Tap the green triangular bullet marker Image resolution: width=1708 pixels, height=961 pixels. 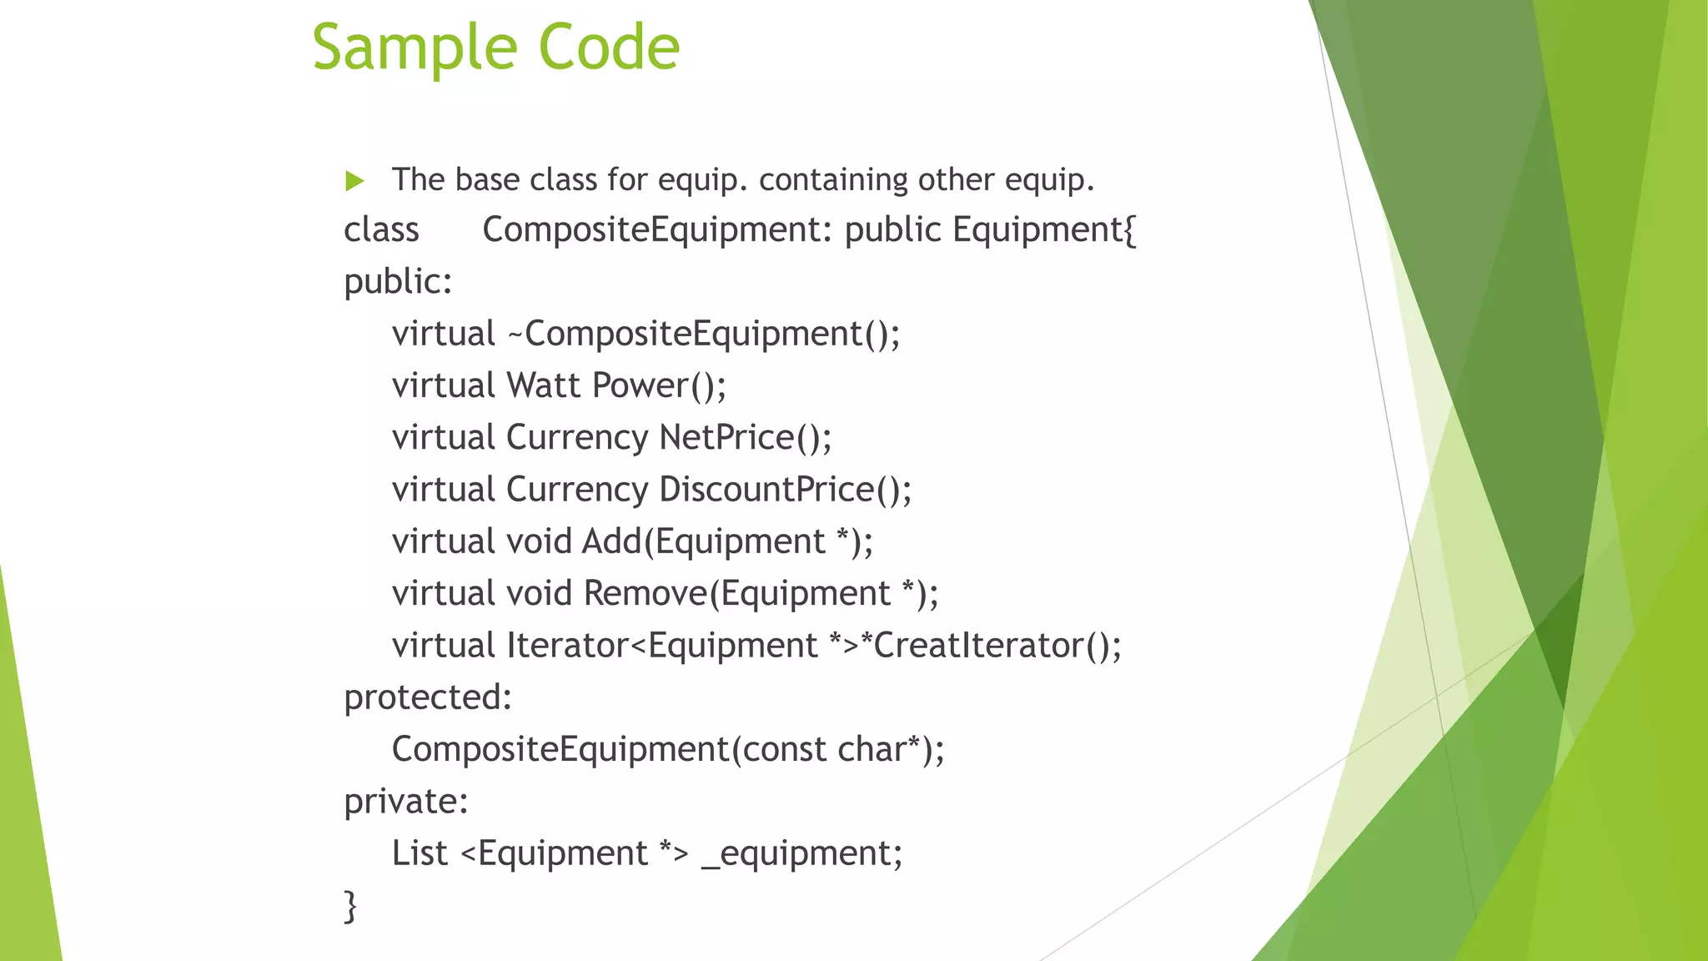(354, 180)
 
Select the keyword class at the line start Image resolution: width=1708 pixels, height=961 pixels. (381, 230)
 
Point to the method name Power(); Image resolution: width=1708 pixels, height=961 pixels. (659, 385)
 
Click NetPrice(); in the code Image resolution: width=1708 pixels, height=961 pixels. (745, 438)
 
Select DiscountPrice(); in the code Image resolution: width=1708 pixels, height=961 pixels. (785, 490)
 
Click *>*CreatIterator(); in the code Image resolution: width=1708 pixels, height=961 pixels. (975, 646)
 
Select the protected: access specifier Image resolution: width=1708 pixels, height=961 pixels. (428, 697)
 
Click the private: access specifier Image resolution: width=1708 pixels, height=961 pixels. (406, 802)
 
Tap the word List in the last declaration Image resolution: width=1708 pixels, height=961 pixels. (419, 853)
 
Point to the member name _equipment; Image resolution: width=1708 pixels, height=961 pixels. (801, 853)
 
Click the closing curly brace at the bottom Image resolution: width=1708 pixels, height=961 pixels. (350, 906)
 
